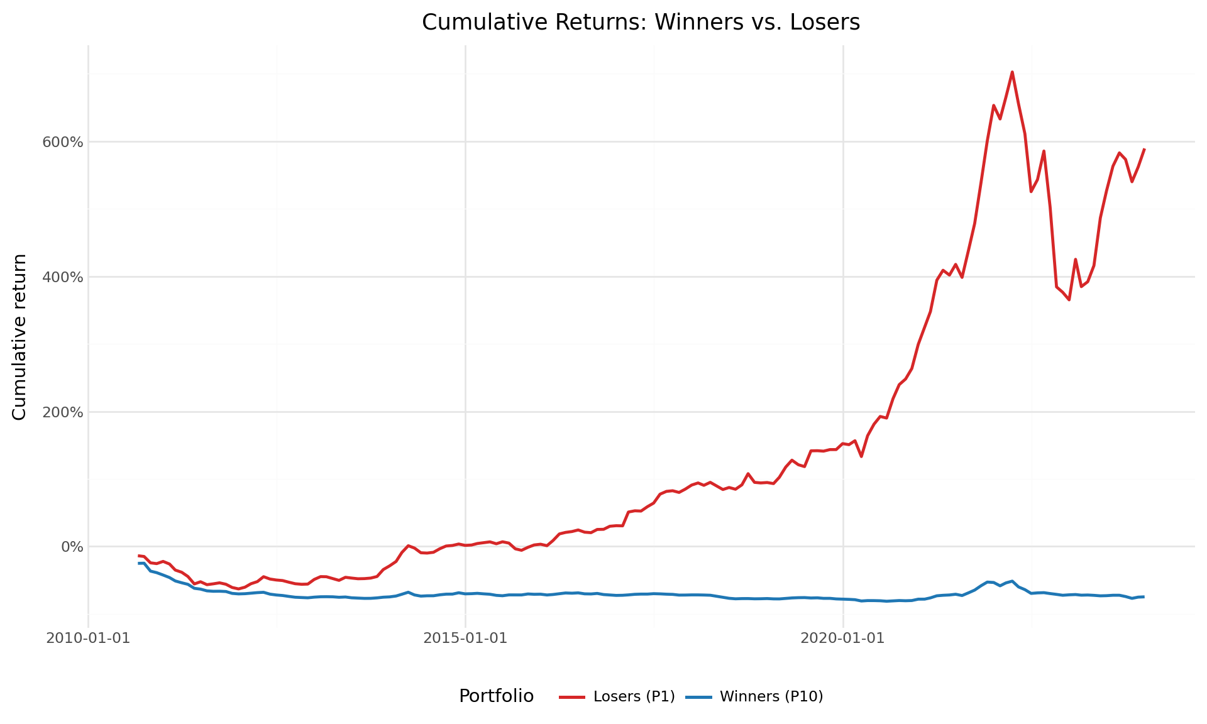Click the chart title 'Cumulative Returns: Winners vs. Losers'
641,23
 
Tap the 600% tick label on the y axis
62,142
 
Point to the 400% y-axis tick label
62,277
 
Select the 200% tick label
62,412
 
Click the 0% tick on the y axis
71,547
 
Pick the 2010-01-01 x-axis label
88,639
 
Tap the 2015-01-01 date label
465,639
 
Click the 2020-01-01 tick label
842,639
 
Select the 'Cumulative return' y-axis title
19,337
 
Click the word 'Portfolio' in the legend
496,696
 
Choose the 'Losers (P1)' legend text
634,696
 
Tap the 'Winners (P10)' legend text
771,696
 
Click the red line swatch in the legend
572,697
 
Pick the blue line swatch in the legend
698,697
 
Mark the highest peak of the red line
1012,72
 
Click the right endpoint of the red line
1144,150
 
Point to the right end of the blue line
1144,596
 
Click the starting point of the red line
139,556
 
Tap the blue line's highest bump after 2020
1012,581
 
